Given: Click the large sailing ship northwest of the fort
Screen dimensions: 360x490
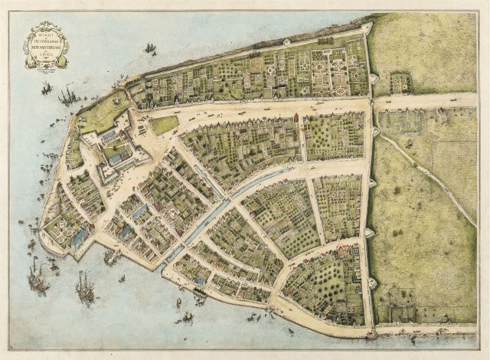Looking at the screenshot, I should (x=67, y=95).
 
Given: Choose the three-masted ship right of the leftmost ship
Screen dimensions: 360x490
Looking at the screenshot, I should (x=84, y=287).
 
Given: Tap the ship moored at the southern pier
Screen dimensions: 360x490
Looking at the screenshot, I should (x=112, y=257).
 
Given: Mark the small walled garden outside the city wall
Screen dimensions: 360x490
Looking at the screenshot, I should (x=400, y=82).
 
